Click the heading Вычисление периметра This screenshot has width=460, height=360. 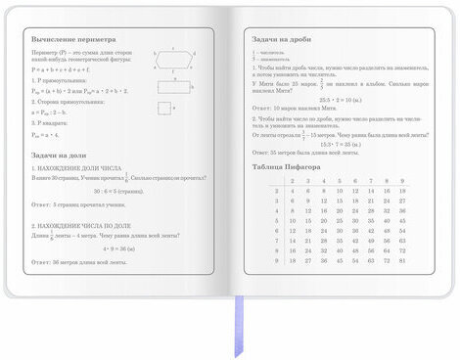(x=69, y=36)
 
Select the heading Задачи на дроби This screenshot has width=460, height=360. (x=283, y=36)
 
